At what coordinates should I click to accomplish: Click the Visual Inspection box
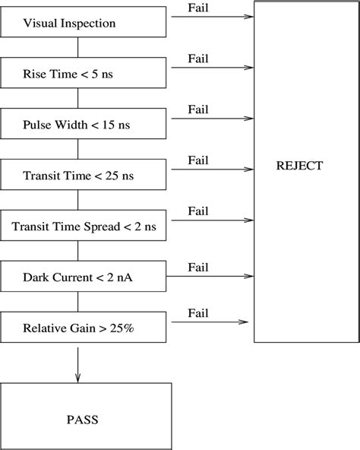(x=84, y=24)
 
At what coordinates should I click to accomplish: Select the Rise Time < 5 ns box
(x=84, y=74)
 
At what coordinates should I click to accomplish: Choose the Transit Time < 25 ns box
(x=84, y=176)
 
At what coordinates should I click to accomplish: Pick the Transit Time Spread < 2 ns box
(x=84, y=227)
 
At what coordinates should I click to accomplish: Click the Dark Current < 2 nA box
(x=84, y=277)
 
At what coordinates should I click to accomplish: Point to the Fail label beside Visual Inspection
(x=197, y=8)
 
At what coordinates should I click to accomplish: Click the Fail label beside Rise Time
(x=197, y=59)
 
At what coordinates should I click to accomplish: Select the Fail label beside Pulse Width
(x=197, y=109)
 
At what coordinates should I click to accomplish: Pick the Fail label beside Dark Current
(x=197, y=267)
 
